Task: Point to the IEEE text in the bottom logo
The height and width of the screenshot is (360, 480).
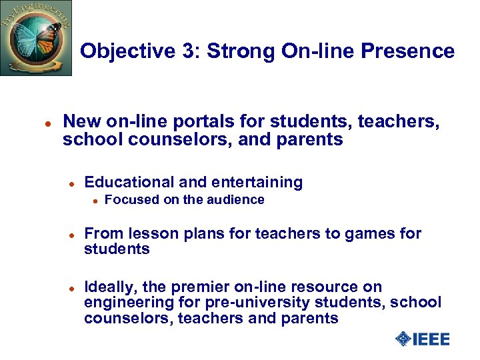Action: pos(431,339)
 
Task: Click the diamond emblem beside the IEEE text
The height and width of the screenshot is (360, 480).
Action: pos(403,339)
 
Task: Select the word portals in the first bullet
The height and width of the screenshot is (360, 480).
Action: pos(177,121)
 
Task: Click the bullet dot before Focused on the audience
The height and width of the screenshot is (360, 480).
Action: pos(95,201)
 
